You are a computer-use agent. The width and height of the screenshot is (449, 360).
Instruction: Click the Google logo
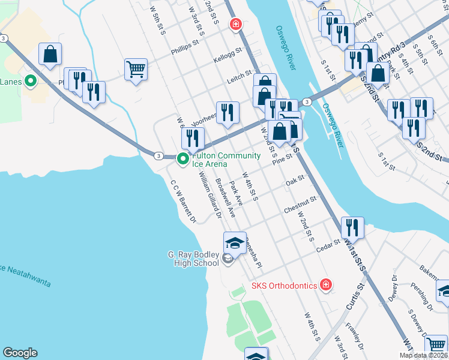pyautogui.click(x=20, y=353)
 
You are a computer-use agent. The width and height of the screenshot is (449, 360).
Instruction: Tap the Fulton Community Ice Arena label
pyautogui.click(x=226, y=160)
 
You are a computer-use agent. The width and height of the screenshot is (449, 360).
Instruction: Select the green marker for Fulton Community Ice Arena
pyautogui.click(x=183, y=159)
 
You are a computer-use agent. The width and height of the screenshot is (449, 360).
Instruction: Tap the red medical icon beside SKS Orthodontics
pyautogui.click(x=325, y=284)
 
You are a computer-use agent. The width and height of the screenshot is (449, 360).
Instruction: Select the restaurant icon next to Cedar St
pyautogui.click(x=352, y=227)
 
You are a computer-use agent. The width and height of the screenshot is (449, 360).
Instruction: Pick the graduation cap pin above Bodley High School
pyautogui.click(x=235, y=242)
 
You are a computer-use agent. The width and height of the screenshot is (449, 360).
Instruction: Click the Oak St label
pyautogui.click(x=295, y=179)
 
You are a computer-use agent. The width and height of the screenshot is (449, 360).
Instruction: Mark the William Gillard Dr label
pyautogui.click(x=211, y=196)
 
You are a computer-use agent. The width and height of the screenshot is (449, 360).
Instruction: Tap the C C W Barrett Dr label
pyautogui.click(x=183, y=202)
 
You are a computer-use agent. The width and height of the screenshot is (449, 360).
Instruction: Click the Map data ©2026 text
pyautogui.click(x=423, y=355)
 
